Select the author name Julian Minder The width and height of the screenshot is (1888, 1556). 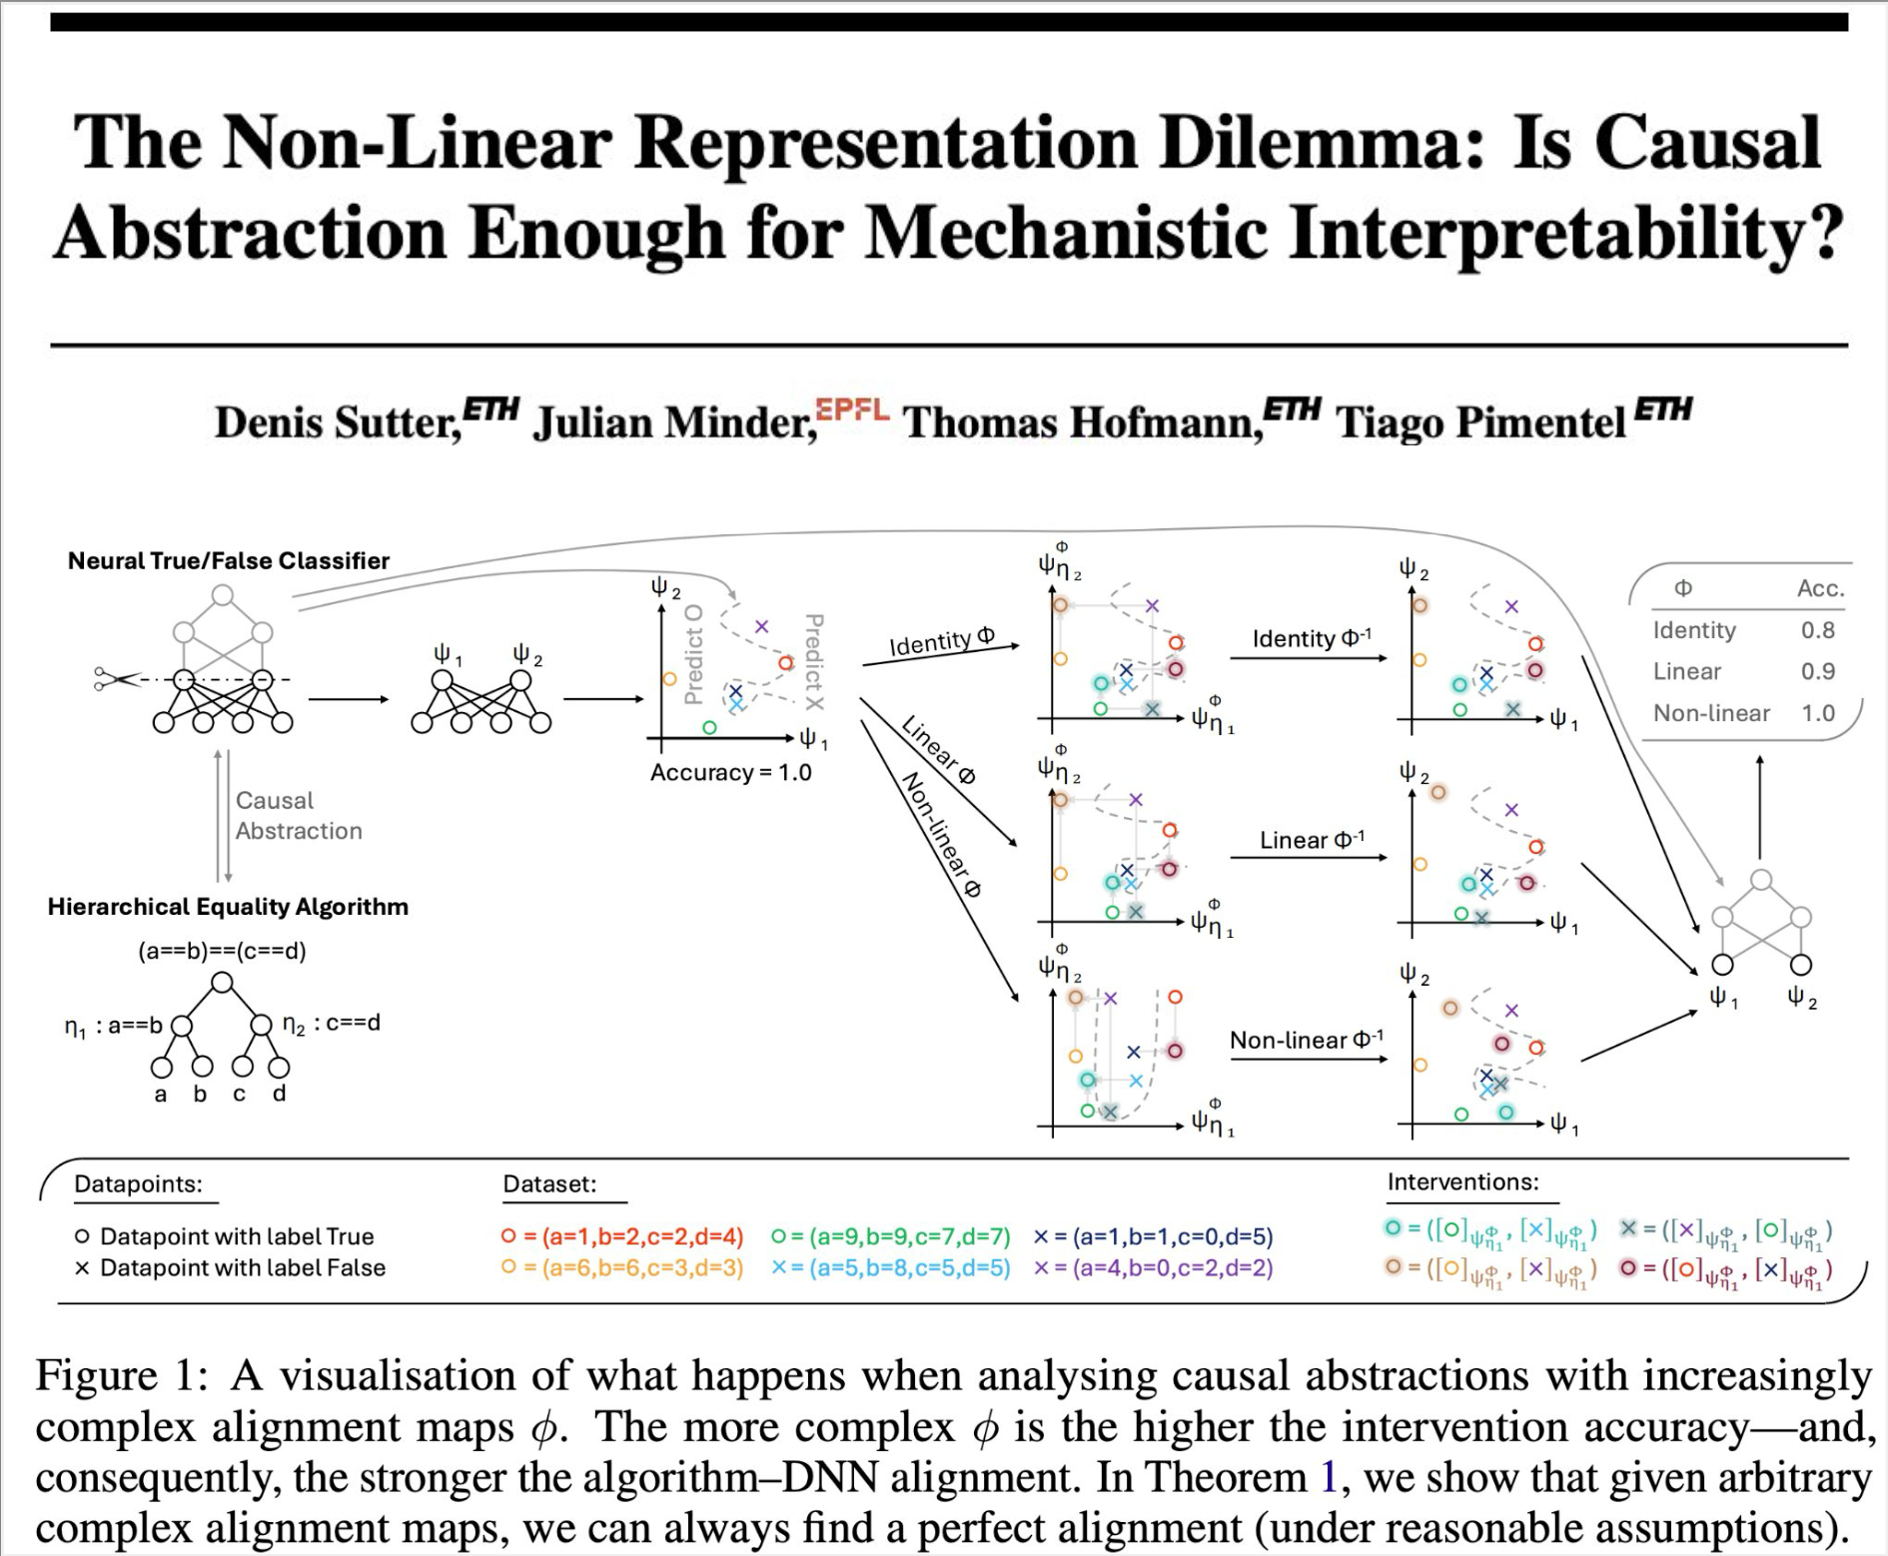pyautogui.click(x=674, y=422)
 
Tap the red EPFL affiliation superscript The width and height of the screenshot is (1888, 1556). pyautogui.click(x=851, y=409)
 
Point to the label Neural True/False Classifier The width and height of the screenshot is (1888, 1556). pyautogui.click(x=229, y=560)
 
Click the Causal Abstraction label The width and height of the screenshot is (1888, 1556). pyautogui.click(x=298, y=815)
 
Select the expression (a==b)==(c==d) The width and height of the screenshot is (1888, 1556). pyautogui.click(x=222, y=951)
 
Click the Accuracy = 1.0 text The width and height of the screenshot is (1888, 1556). pyautogui.click(x=730, y=772)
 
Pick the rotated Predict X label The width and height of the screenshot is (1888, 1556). pyautogui.click(x=814, y=661)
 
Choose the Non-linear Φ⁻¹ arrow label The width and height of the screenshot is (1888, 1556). pyautogui.click(x=1306, y=1040)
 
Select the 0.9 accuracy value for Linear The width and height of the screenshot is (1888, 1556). pyautogui.click(x=1817, y=671)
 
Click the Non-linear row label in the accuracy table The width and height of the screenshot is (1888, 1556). pyautogui.click(x=1710, y=713)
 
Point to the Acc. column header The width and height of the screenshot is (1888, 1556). pyautogui.click(x=1819, y=588)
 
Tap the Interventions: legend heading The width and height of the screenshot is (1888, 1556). pyautogui.click(x=1462, y=1181)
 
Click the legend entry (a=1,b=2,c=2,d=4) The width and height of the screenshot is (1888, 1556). pyautogui.click(x=642, y=1236)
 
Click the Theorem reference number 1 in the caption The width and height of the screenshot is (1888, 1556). pyautogui.click(x=1328, y=1477)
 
